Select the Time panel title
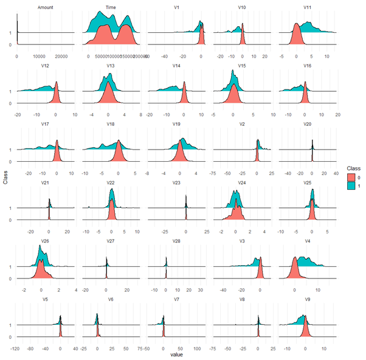tap(111, 7)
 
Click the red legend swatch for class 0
tap(346, 177)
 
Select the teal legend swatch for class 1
tap(346, 186)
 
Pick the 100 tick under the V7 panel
tap(197, 348)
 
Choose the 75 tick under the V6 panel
tap(140, 348)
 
